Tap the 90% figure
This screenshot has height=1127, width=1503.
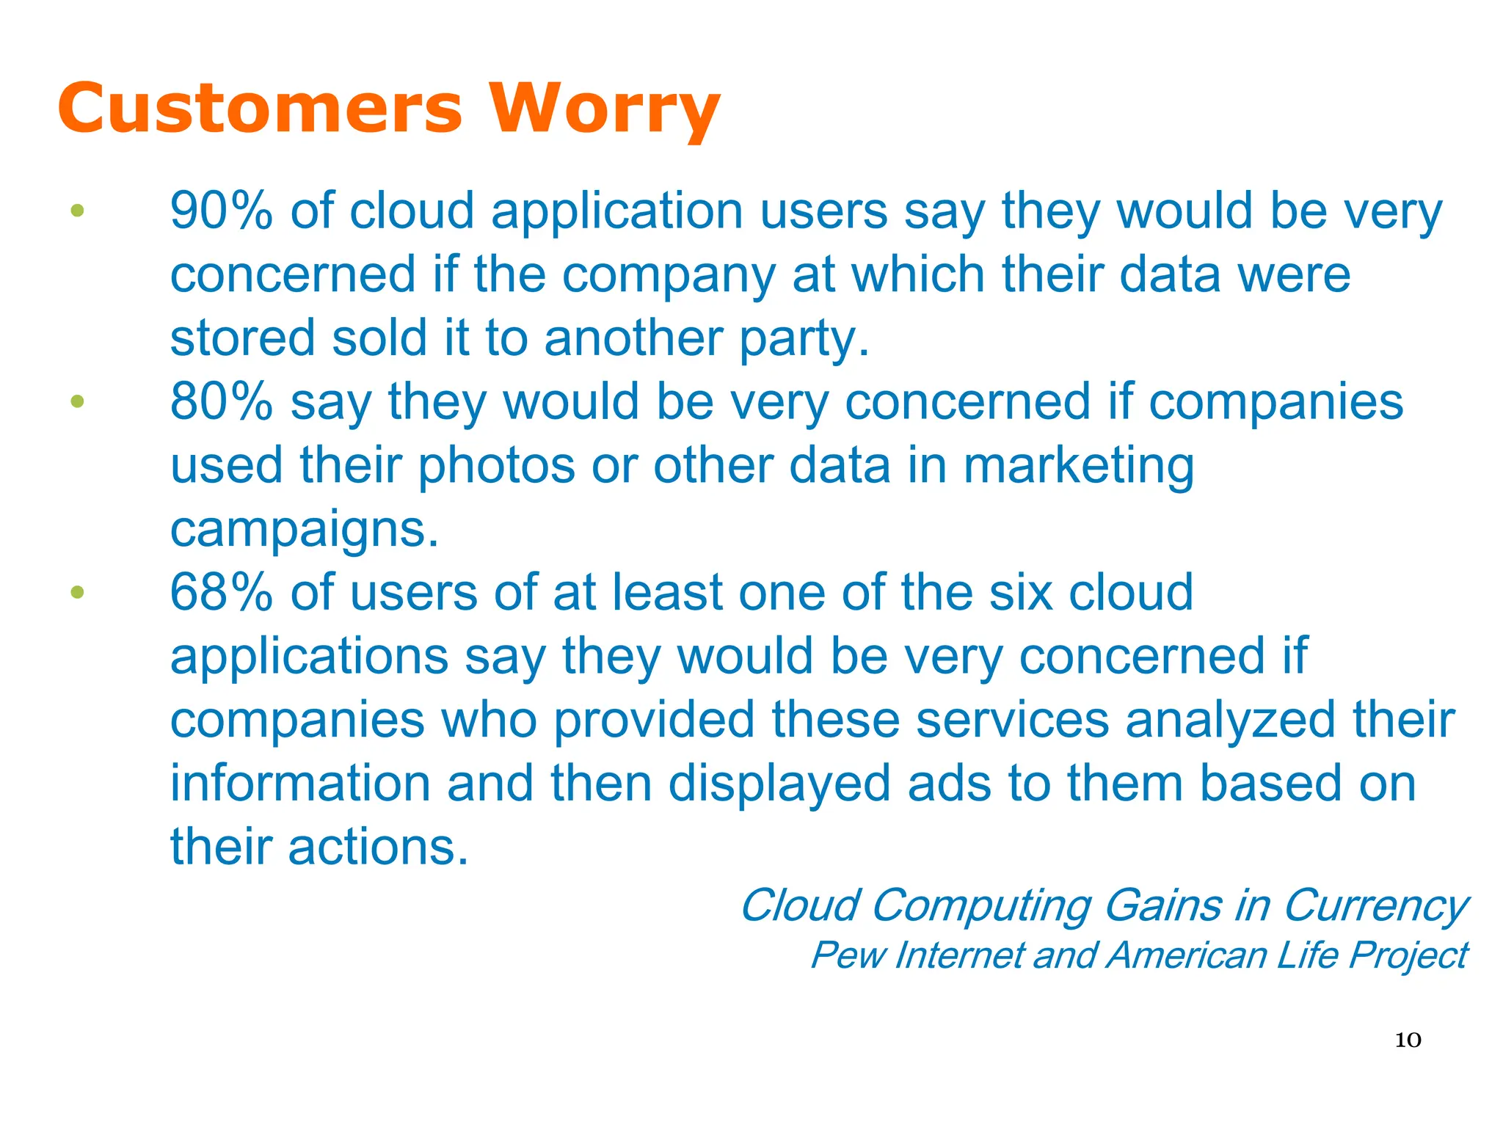coord(221,211)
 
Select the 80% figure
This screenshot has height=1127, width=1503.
coord(221,402)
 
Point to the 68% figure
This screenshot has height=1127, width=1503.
coord(221,593)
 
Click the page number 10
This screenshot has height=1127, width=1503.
coord(1408,1040)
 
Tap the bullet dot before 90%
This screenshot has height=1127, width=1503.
coord(78,211)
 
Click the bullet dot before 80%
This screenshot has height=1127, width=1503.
coord(78,401)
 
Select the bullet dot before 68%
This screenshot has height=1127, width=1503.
coord(78,592)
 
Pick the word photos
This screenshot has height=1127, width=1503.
coord(496,467)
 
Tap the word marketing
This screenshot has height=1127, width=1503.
coord(1079,467)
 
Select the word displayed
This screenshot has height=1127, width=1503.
coord(779,784)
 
